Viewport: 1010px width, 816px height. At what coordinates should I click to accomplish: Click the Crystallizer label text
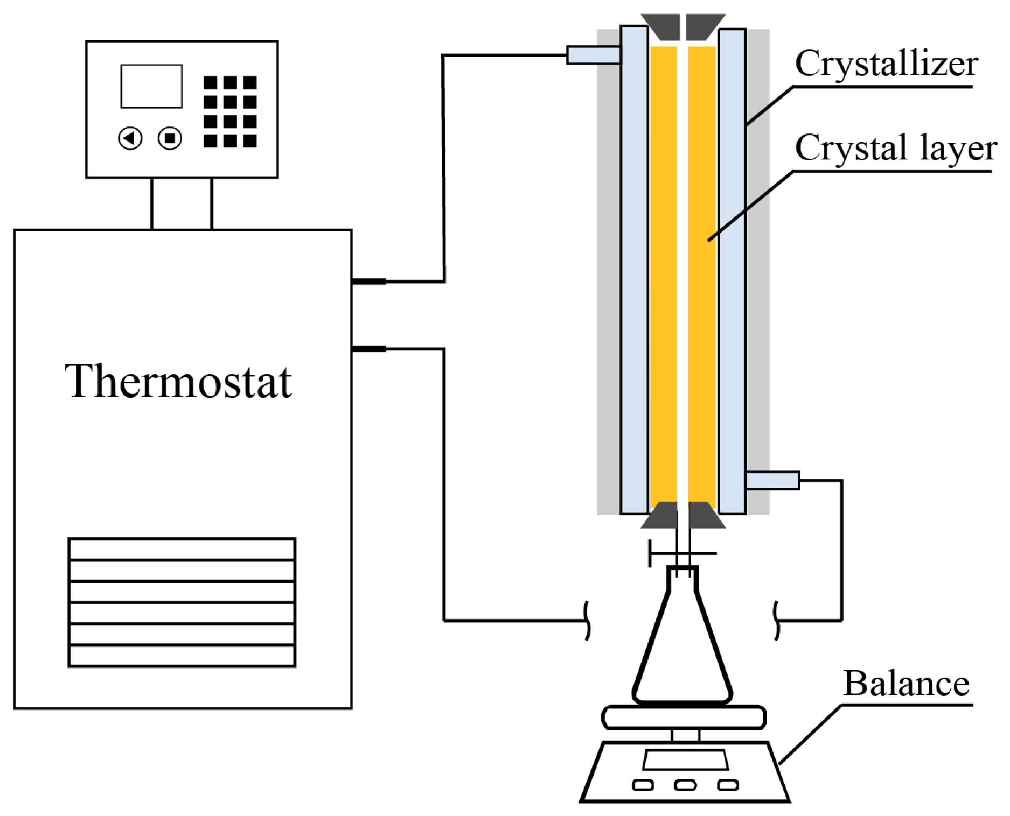click(886, 64)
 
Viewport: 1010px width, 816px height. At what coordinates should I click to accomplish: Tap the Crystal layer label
click(895, 148)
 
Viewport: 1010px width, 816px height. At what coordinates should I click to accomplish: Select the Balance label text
click(906, 684)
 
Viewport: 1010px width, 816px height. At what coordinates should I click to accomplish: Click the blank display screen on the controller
click(151, 86)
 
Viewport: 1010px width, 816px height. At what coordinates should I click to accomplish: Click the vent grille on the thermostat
click(182, 602)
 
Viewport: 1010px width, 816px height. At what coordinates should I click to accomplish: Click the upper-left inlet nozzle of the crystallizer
click(593, 55)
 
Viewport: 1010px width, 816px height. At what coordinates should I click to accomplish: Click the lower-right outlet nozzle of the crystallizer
click(772, 480)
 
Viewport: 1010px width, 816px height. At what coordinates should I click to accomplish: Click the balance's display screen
click(685, 759)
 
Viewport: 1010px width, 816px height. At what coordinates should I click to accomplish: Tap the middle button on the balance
click(685, 785)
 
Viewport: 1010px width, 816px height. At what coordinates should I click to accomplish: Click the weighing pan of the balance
click(684, 717)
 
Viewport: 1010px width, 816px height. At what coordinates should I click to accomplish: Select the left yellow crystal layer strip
click(663, 275)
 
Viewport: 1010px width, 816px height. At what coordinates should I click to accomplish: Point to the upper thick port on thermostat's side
click(369, 282)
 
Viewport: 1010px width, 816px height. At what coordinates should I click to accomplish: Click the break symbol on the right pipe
click(776, 621)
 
